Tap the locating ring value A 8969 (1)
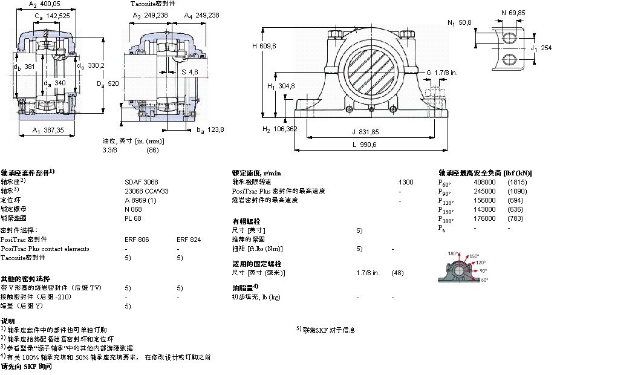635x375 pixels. click(140, 200)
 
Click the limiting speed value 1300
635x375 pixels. click(406, 181)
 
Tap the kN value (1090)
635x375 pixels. click(517, 191)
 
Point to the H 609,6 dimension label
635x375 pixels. click(264, 46)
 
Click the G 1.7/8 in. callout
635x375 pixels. click(441, 73)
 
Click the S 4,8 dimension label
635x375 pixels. click(190, 72)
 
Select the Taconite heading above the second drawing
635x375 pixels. click(153, 4)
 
